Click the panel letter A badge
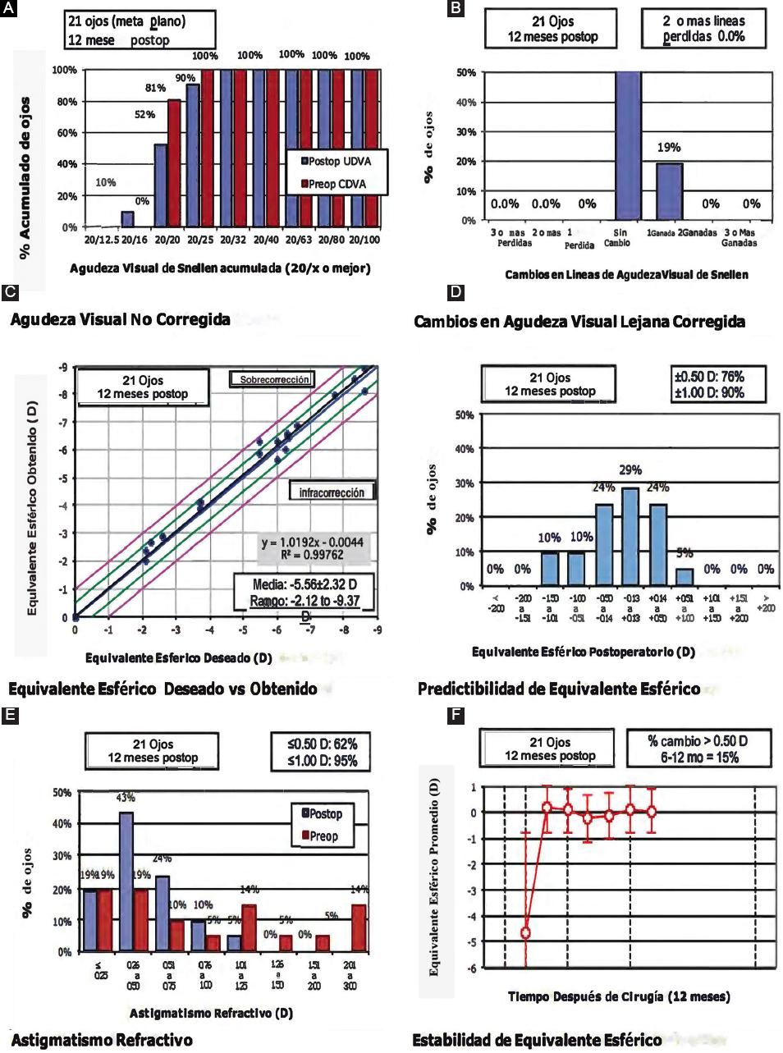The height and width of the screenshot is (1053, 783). click(9, 9)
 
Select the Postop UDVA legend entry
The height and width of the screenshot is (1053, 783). click(336, 161)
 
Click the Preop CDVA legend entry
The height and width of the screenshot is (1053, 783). click(336, 184)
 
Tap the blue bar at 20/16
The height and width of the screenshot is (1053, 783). click(127, 218)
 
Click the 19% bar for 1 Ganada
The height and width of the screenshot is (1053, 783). click(669, 191)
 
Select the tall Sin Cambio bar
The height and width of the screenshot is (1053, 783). click(628, 146)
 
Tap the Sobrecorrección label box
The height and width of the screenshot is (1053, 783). click(272, 380)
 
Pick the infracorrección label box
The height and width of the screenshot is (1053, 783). click(332, 492)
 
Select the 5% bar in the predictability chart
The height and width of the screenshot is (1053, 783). click(685, 577)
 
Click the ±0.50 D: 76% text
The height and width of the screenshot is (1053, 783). click(708, 377)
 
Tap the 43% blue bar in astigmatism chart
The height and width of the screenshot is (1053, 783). click(126, 882)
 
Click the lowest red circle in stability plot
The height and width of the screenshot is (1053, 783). click(525, 932)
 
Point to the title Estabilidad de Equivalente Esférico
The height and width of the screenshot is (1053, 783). click(537, 1040)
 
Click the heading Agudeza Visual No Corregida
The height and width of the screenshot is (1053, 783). click(120, 319)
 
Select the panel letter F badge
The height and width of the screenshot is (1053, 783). click(456, 716)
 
